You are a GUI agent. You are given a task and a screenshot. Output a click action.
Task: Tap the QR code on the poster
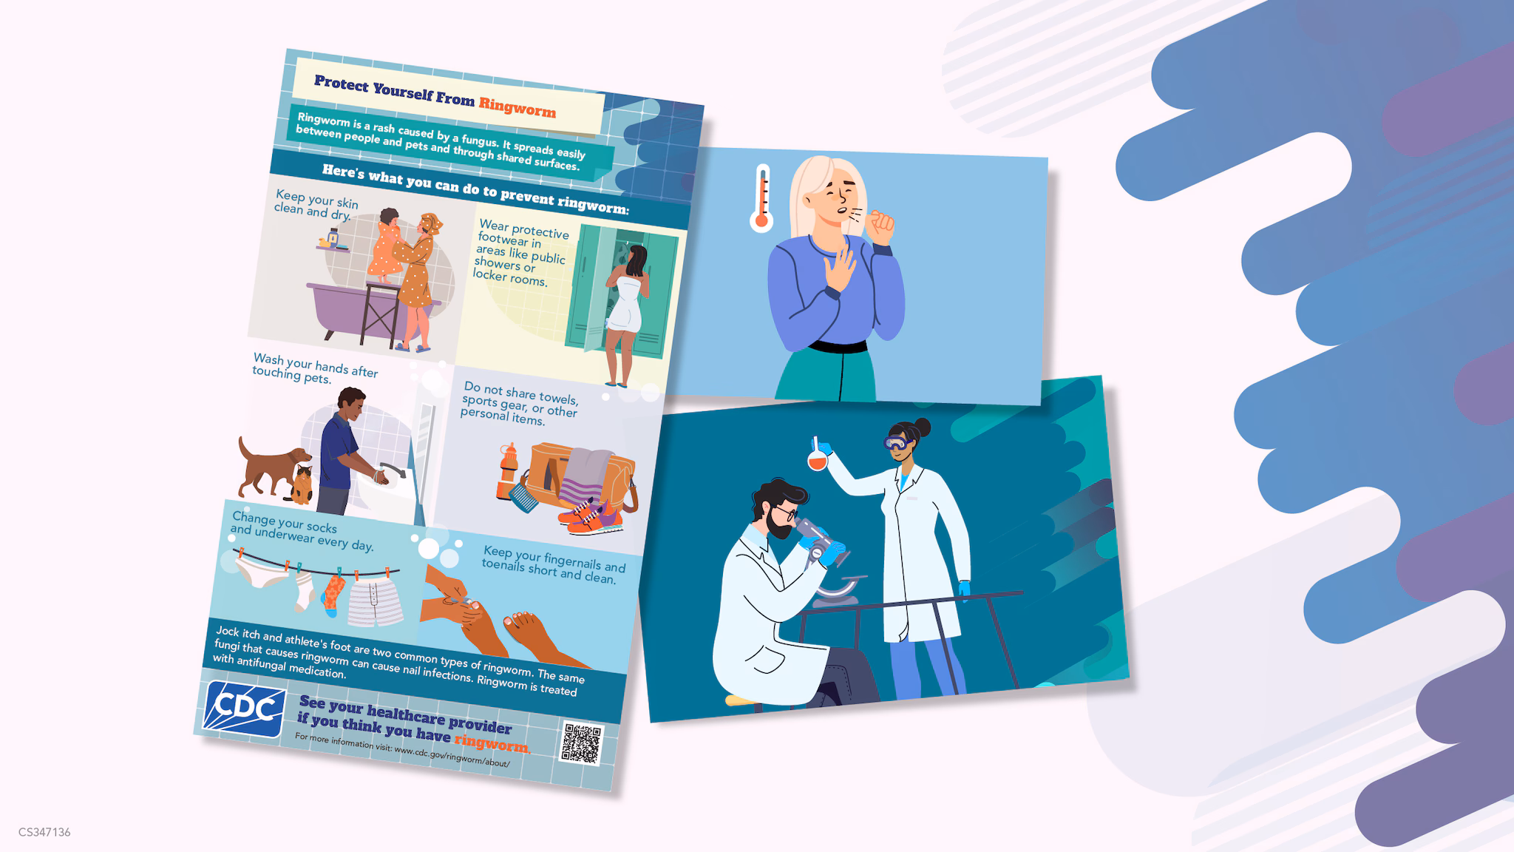coord(582,743)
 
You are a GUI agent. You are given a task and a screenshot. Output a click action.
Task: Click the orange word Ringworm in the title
coord(517,107)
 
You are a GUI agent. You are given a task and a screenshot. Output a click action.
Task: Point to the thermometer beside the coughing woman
coord(761,198)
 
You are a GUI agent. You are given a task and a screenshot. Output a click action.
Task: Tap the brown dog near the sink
coord(271,467)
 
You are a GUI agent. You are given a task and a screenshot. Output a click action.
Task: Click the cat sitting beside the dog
coord(301,484)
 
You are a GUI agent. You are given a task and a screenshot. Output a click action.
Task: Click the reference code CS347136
coord(44,832)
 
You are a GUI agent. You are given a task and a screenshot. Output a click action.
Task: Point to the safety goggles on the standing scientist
coord(897,443)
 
